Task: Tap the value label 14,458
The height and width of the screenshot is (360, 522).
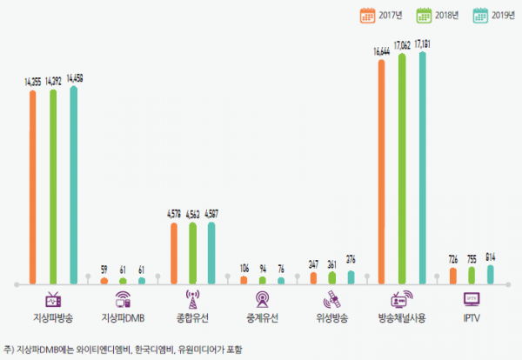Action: point(75,79)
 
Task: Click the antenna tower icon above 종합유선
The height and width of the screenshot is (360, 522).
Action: point(192,299)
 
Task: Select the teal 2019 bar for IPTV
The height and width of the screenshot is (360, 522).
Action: point(491,275)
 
